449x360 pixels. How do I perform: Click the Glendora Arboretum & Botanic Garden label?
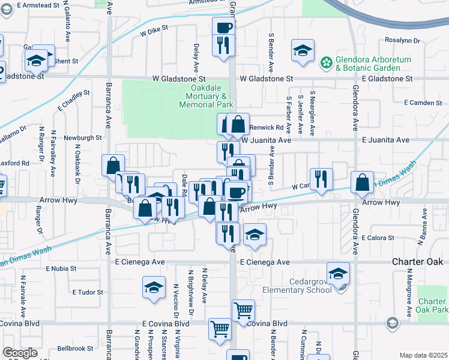click(368, 64)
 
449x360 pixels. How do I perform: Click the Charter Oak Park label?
click(433, 305)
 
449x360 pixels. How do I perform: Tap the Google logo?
click(20, 353)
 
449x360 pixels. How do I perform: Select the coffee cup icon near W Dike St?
click(223, 27)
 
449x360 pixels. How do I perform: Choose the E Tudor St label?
click(88, 293)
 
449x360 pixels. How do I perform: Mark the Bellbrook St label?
click(75, 348)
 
